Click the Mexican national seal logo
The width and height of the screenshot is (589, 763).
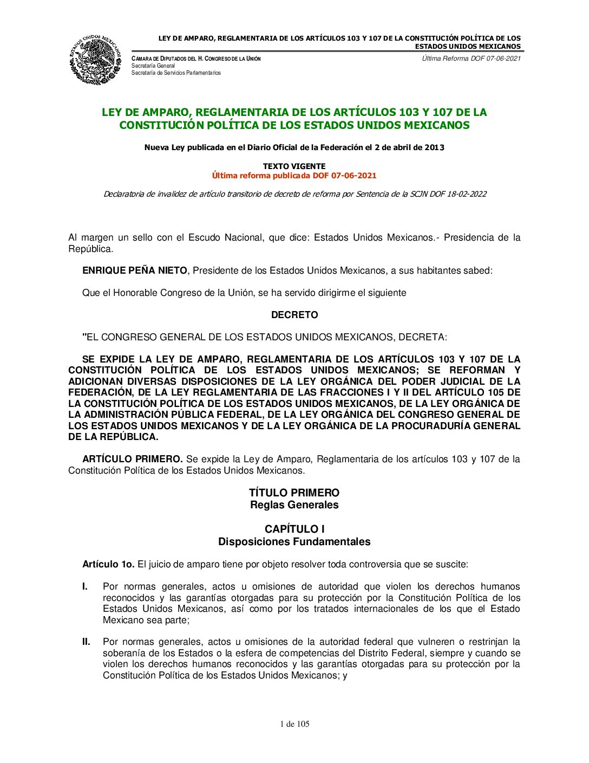(95, 60)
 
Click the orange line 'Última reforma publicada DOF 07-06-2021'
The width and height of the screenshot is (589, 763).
(294, 176)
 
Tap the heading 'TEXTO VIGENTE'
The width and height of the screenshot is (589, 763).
(294, 166)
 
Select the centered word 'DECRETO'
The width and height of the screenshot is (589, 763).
(294, 315)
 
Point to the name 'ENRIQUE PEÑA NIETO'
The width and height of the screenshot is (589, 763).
(134, 270)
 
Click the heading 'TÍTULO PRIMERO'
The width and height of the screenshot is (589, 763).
(294, 493)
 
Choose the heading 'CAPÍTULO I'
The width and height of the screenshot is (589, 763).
(294, 529)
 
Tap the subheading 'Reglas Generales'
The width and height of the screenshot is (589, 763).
(294, 505)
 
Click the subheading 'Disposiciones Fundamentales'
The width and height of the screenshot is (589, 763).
(294, 542)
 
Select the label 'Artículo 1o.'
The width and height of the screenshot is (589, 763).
(108, 564)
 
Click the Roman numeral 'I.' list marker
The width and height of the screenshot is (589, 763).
(85, 586)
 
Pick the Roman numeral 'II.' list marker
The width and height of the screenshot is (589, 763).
(86, 642)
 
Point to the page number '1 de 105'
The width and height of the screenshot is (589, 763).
(294, 724)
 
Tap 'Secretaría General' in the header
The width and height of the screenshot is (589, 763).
(153, 66)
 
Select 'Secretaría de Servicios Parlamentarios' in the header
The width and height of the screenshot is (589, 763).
(176, 73)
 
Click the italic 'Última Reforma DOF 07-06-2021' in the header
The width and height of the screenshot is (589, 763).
(471, 59)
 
